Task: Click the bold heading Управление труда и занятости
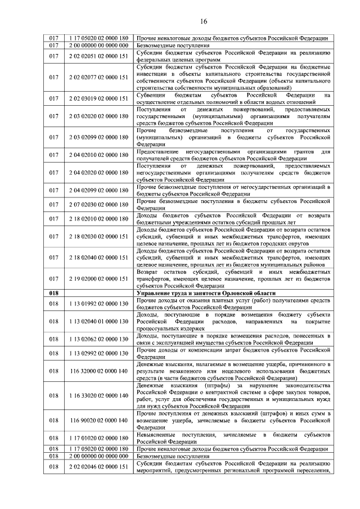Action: click(x=206, y=293)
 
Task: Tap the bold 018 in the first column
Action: click(x=54, y=293)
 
